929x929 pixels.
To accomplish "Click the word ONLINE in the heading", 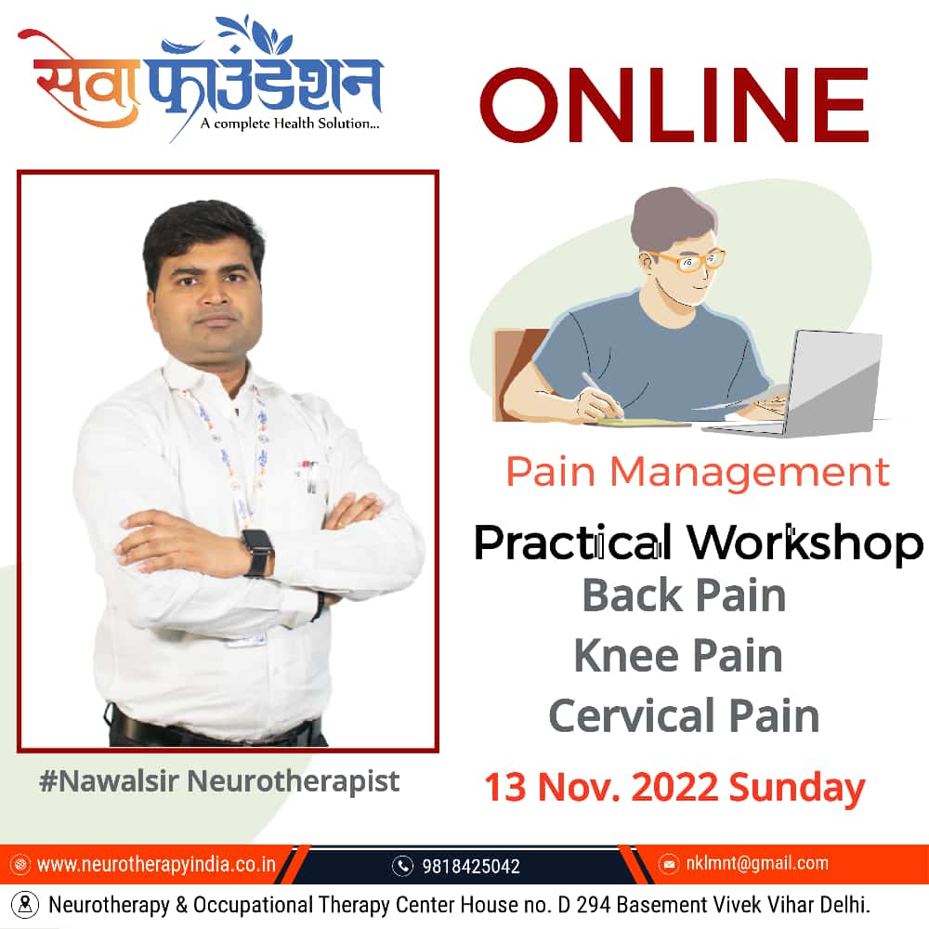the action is coord(674,105).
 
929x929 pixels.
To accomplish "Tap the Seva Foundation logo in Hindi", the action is coord(202,77).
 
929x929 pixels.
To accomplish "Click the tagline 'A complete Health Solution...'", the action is coord(290,124).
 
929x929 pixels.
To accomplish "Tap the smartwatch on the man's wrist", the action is coord(258,552).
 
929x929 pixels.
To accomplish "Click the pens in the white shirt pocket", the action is coord(309,476).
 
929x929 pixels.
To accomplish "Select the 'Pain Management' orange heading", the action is coord(698,472).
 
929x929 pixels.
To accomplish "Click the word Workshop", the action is coord(805,543).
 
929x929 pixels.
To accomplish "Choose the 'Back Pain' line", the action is coord(684,595).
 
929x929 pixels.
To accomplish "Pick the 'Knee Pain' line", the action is coord(678,656).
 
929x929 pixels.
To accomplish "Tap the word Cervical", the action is coord(632,715).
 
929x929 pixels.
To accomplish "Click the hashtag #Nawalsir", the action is coord(109,781).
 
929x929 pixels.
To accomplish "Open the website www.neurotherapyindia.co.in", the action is coord(156,864).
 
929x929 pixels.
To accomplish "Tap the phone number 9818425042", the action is coord(470,866).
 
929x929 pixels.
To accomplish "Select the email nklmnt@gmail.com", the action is coord(757,863).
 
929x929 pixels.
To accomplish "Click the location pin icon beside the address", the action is coord(25,905).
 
